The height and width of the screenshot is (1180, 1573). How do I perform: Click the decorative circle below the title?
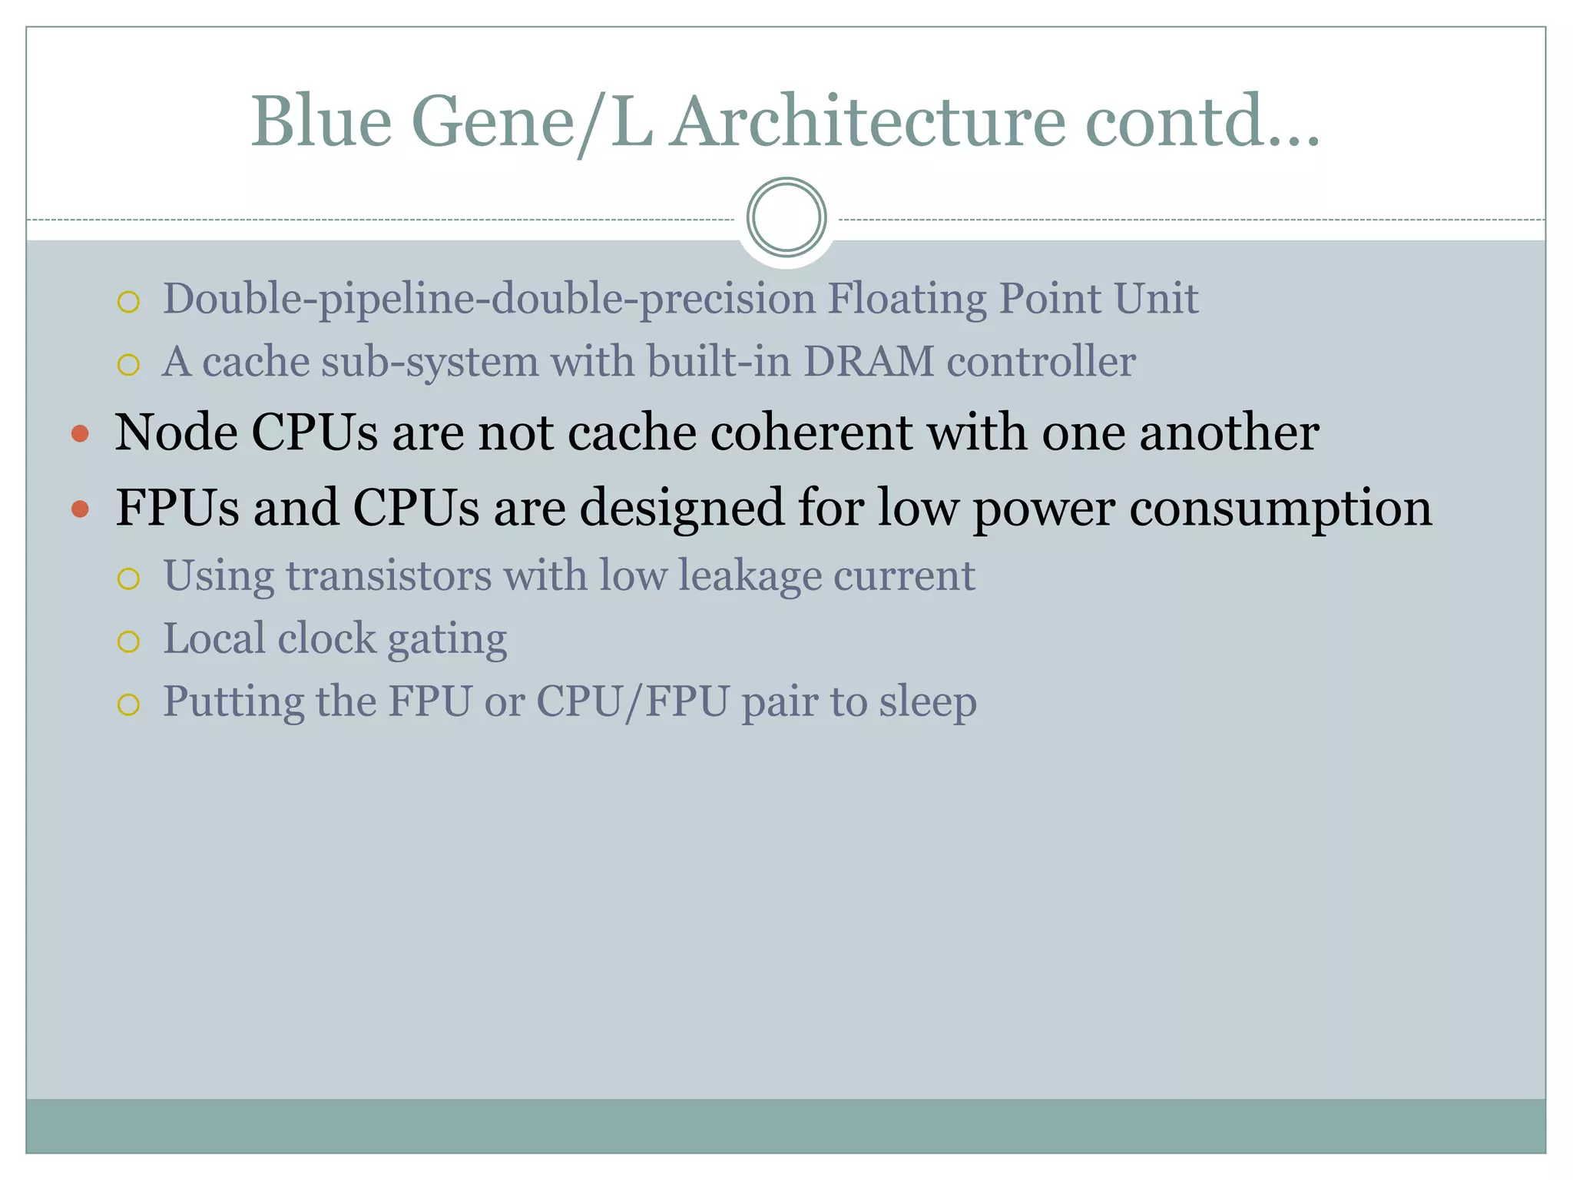pos(786,217)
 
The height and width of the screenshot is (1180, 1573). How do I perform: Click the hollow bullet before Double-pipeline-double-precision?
pos(128,302)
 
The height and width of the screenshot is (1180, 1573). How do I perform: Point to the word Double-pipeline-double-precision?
pos(489,299)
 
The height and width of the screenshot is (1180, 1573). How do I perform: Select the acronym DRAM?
pos(868,362)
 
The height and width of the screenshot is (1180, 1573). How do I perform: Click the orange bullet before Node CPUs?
pos(80,435)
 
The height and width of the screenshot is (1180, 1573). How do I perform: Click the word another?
pos(1229,433)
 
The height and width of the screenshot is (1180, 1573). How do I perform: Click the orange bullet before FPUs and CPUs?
pos(80,509)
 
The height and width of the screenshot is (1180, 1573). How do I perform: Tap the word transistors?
pos(389,576)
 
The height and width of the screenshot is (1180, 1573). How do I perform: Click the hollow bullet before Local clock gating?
pos(128,641)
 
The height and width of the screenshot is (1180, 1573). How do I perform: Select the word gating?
pos(447,640)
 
